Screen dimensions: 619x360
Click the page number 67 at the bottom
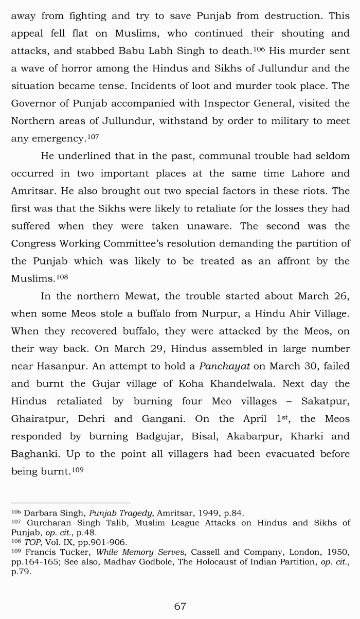180,606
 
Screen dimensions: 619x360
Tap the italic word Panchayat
224,366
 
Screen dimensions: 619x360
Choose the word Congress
34,243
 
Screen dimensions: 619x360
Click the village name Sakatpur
326,401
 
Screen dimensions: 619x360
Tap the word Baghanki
34,454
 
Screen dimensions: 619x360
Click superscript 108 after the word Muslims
62,277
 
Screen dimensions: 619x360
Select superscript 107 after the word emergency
93,137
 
